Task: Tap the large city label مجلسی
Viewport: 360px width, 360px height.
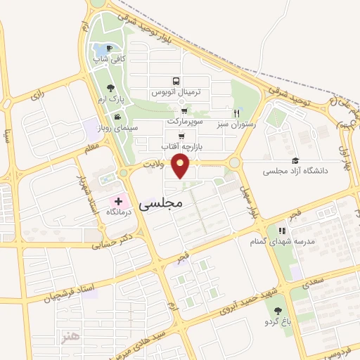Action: pos(160,203)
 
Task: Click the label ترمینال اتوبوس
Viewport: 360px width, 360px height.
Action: pos(179,92)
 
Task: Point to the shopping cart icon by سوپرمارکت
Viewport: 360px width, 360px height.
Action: pos(184,110)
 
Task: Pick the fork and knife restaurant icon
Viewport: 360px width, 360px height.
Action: pos(237,112)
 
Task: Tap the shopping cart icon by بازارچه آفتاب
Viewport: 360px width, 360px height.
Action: pos(181,136)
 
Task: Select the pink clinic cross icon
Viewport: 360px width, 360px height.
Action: pos(118,201)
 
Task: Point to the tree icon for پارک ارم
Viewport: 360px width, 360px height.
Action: pos(110,89)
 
